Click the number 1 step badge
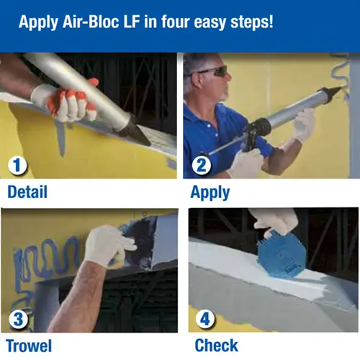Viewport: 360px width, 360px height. click(x=18, y=166)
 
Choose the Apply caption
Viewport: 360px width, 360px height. click(x=210, y=193)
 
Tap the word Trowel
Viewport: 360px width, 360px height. click(x=29, y=346)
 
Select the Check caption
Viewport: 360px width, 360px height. click(x=217, y=346)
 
